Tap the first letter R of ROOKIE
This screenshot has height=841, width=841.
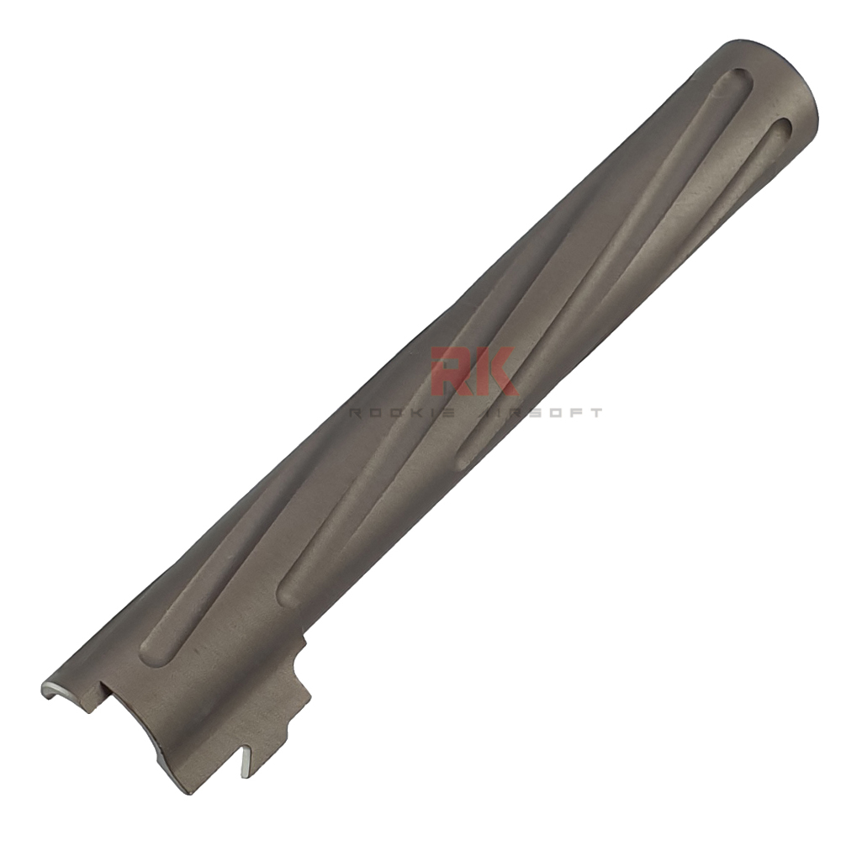click(356, 413)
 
